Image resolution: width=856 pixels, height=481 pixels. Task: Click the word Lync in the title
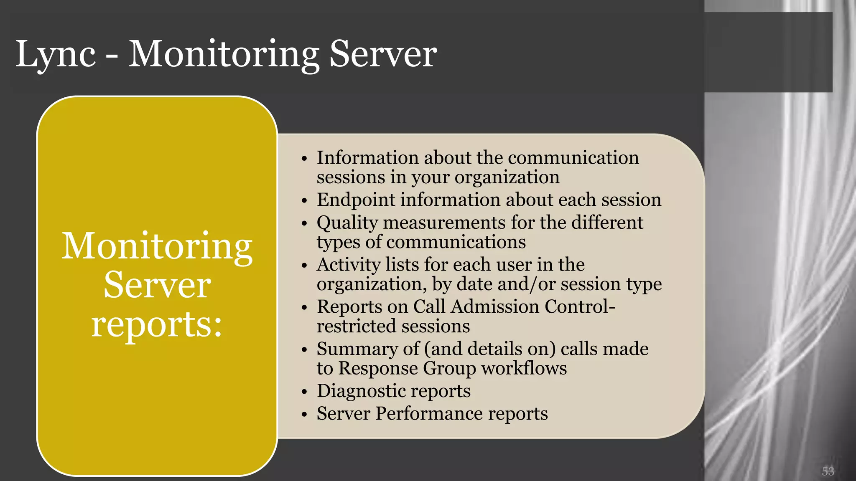pyautogui.click(x=56, y=54)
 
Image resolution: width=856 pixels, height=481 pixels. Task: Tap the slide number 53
pyautogui.click(x=828, y=471)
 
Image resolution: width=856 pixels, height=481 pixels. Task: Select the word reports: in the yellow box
pyautogui.click(x=157, y=324)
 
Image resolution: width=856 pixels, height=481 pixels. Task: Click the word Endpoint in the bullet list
pyautogui.click(x=356, y=200)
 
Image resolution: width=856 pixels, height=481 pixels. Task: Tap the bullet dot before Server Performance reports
pyautogui.click(x=304, y=415)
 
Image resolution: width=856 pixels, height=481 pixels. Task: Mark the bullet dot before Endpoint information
pyautogui.click(x=304, y=201)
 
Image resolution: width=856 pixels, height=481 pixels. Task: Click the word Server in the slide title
pyautogui.click(x=383, y=54)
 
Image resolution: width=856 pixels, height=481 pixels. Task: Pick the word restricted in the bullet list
pyautogui.click(x=356, y=326)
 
